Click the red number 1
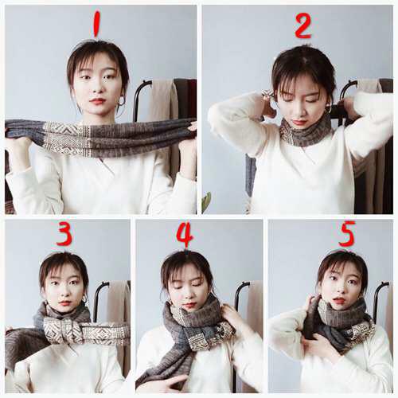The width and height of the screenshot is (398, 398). click(96, 24)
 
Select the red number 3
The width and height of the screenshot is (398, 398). click(64, 234)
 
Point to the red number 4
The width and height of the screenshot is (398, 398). click(185, 235)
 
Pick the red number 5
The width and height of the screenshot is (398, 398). click(347, 233)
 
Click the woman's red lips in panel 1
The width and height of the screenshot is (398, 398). click(97, 101)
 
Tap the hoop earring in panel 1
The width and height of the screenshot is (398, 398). click(122, 101)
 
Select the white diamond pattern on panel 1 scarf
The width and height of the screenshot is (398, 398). click(67, 139)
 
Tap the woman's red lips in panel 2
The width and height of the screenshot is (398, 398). click(298, 123)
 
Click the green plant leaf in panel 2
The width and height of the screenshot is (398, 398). click(206, 202)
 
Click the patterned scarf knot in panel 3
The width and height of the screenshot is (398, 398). click(60, 331)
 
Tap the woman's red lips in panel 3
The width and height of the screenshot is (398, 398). click(64, 302)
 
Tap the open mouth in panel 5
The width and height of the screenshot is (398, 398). click(339, 301)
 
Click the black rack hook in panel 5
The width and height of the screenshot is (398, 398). click(378, 297)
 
